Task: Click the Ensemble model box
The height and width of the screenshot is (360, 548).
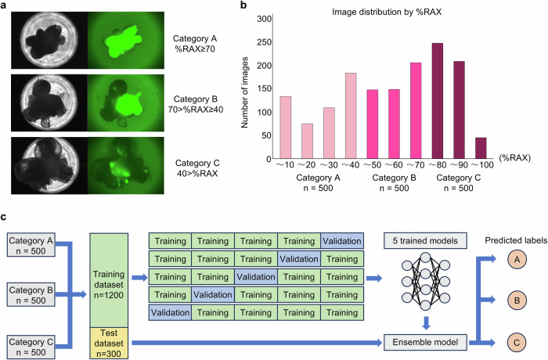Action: (423, 342)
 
